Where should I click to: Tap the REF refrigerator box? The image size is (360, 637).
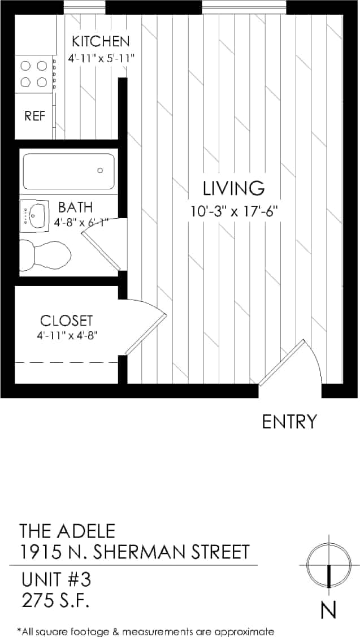pos(34,116)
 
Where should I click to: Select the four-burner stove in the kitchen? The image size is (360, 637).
pos(33,74)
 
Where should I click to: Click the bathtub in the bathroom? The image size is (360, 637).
pos(68,171)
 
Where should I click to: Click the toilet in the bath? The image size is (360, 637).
pos(45,255)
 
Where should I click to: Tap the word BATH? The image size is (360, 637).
pos(75,207)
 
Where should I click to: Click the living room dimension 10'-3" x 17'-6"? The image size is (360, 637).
pos(235,212)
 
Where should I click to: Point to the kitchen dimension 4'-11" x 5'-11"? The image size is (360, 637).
pos(101,58)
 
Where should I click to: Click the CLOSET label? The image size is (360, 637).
pos(66,320)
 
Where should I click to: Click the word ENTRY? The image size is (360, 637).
pos(289,422)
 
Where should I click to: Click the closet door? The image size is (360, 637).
pos(146,331)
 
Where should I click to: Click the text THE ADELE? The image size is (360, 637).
pos(67,531)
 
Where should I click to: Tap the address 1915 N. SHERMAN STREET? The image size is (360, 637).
pos(135,551)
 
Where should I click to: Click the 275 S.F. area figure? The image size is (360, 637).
pos(54,600)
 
